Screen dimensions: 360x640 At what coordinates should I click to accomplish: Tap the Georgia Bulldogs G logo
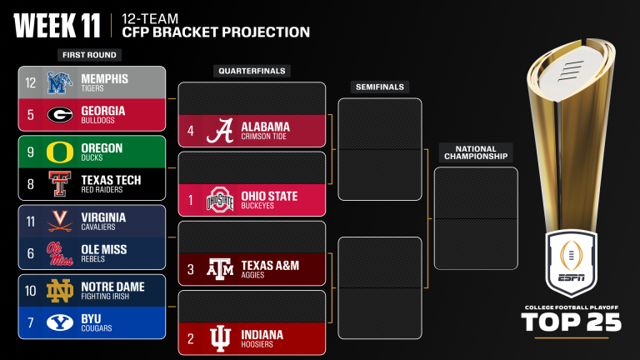[x=59, y=115]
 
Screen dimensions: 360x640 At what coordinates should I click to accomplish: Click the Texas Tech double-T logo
[x=59, y=184]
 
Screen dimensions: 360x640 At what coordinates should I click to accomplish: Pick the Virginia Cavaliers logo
[x=59, y=222]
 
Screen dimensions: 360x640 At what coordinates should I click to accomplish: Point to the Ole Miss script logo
[x=59, y=253]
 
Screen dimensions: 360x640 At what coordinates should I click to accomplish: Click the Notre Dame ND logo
[x=59, y=291]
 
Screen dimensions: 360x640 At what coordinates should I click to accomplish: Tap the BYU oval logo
[x=59, y=322]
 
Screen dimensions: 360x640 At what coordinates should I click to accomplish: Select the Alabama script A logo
[x=219, y=131]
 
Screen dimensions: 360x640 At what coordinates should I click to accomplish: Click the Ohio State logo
[x=219, y=200]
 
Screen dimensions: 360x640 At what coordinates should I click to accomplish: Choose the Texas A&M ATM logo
[x=219, y=269]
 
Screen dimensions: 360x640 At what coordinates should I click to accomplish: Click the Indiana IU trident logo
[x=219, y=338]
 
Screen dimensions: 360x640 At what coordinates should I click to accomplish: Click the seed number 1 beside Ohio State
[x=191, y=200]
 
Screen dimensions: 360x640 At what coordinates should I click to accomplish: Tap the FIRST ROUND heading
[x=88, y=55]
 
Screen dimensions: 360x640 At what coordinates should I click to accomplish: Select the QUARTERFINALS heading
[x=251, y=71]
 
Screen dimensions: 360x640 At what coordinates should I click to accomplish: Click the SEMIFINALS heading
[x=379, y=87]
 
